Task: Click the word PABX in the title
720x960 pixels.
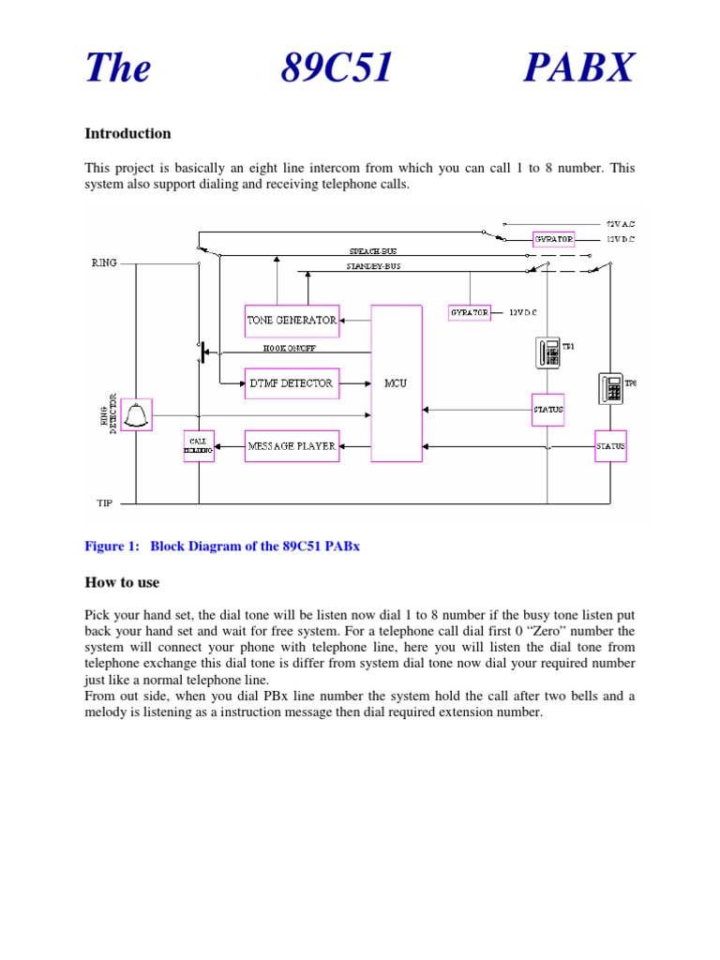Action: pos(579,67)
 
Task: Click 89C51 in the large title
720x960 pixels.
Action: pos(337,67)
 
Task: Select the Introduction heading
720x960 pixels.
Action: pos(127,133)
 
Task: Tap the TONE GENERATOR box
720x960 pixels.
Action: pos(292,321)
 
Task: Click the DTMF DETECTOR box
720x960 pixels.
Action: pos(291,382)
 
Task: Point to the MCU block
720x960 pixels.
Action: pos(396,382)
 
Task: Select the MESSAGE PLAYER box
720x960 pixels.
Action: pos(292,446)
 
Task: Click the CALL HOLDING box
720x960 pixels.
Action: pos(199,446)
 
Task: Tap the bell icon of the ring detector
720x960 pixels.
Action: pos(137,413)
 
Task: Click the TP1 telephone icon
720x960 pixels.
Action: pos(548,352)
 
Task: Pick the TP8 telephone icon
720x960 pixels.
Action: pos(610,387)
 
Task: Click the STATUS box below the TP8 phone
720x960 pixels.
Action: pos(610,446)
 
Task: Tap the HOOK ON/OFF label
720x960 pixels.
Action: pos(290,348)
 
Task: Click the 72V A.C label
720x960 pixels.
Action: pos(621,224)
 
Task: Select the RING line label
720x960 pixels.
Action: pos(104,263)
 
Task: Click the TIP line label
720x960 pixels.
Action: pos(104,502)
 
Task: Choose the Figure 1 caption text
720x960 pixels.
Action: pos(222,547)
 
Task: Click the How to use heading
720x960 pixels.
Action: pos(122,582)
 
